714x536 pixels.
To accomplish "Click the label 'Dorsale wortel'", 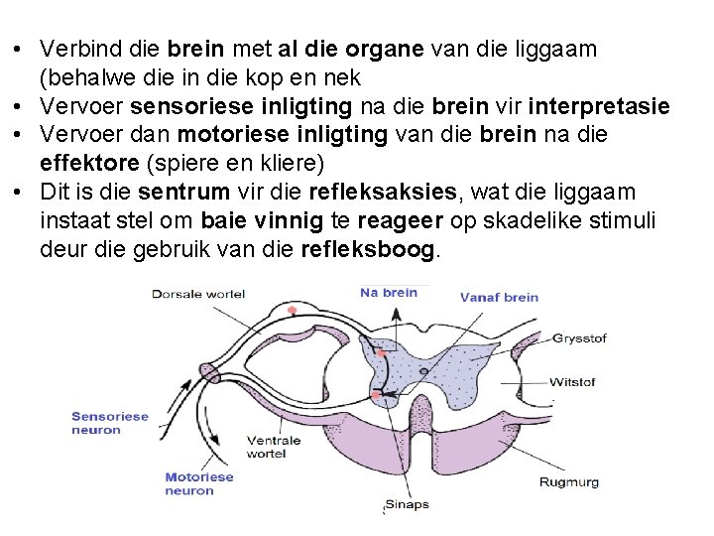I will click(x=197, y=294).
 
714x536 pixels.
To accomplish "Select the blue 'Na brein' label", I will click(x=388, y=292).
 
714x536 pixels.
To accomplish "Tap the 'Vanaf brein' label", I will click(x=499, y=297).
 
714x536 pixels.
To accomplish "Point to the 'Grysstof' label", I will click(x=579, y=338).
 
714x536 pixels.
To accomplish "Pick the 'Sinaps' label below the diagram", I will click(x=407, y=504).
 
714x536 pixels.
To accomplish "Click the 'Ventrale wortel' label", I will click(x=274, y=447).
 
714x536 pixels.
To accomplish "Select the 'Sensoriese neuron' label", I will click(x=109, y=423).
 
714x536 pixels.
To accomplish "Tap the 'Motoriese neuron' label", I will click(x=198, y=483).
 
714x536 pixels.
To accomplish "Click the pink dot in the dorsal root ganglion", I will click(x=292, y=312).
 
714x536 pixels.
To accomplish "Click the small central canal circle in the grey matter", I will click(x=424, y=371).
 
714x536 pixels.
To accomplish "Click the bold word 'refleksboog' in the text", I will click(x=367, y=250).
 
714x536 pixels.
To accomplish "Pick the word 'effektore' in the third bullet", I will click(x=82, y=163).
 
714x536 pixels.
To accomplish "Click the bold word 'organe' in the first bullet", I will click(x=383, y=49).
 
